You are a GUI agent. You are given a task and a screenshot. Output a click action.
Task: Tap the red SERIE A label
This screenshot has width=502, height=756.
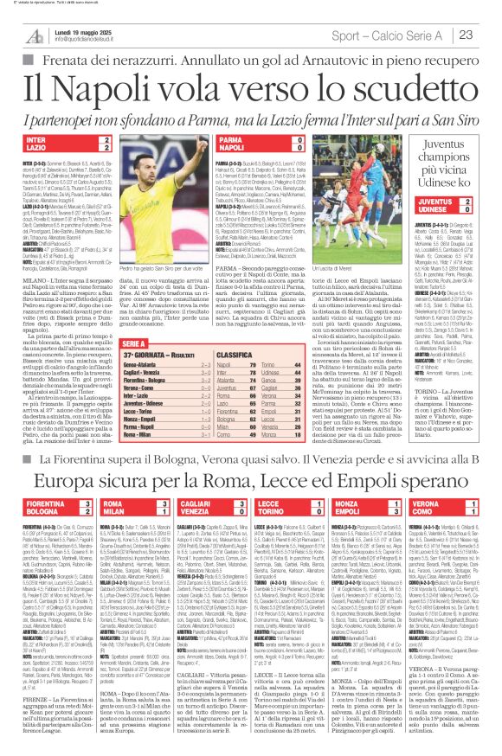click(146, 318)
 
